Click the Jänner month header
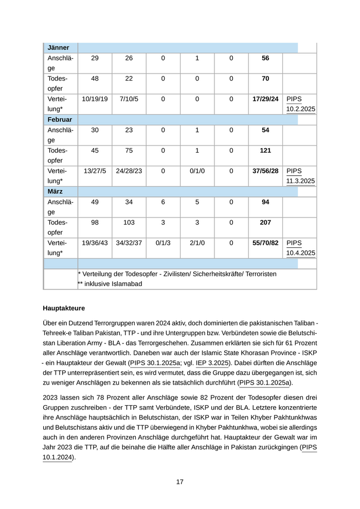(x=59, y=48)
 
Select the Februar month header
(x=60, y=120)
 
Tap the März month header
(x=55, y=192)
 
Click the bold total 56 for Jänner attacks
(x=265, y=58)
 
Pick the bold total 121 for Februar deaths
(x=265, y=151)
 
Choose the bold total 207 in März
(x=265, y=223)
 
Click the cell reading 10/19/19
(x=95, y=99)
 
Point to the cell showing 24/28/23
(x=129, y=171)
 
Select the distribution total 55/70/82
(x=265, y=243)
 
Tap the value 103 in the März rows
(x=129, y=223)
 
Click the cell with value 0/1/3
(x=163, y=243)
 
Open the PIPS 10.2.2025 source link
(x=300, y=104)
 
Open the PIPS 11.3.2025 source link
(x=300, y=176)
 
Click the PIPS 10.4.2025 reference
(x=300, y=248)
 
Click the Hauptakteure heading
(x=64, y=308)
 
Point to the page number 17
(x=180, y=482)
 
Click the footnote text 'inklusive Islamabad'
(x=113, y=284)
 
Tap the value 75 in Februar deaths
(x=129, y=151)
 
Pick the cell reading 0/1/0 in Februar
(x=197, y=171)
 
